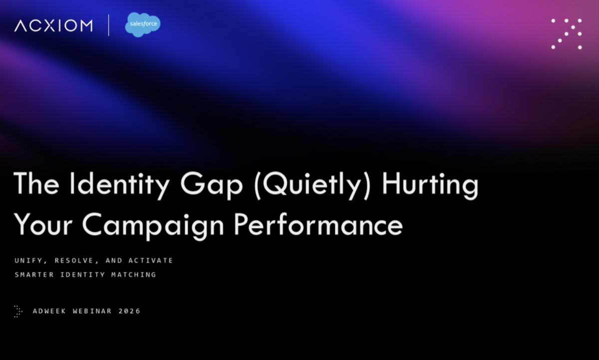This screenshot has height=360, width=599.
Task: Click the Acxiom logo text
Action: [53, 25]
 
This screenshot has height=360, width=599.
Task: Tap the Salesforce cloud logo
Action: [143, 25]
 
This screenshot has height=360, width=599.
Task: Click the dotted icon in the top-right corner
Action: [567, 34]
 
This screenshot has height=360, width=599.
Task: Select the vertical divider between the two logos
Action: [109, 25]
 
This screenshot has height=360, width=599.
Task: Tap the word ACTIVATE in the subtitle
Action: [151, 261]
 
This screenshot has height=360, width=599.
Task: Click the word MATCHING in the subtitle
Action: [135, 275]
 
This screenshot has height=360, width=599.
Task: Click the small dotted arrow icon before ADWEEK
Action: [18, 311]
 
